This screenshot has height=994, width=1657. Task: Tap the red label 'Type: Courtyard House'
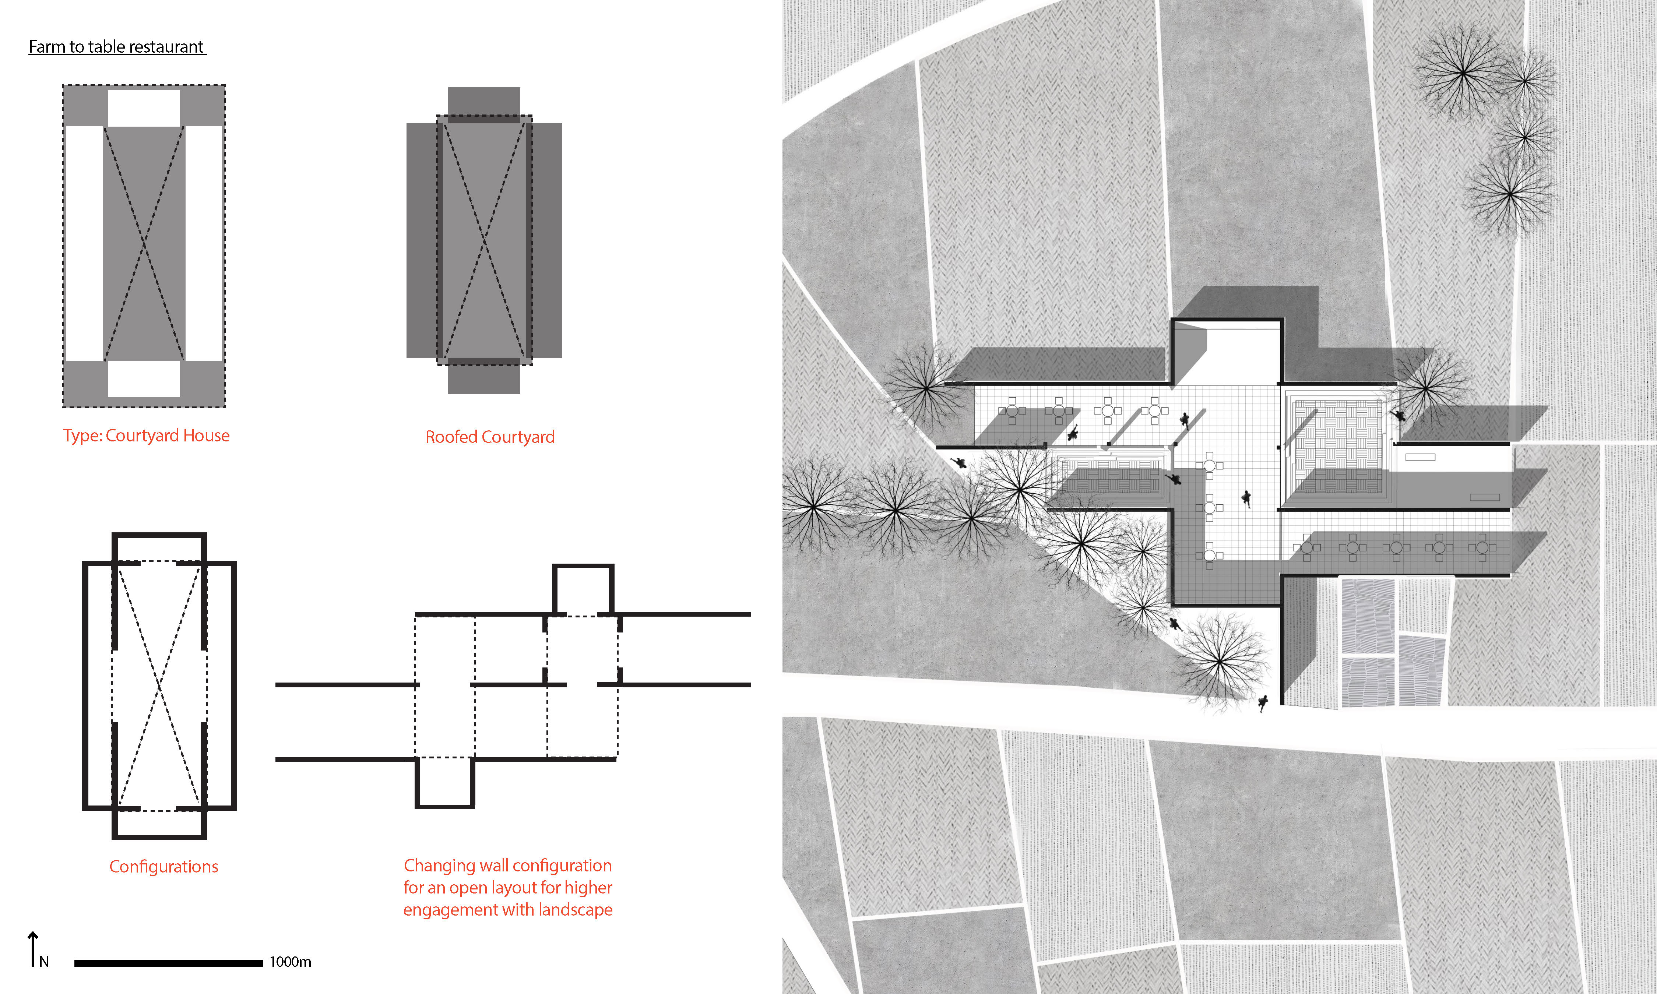click(x=146, y=436)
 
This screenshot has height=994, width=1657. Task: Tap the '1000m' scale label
click(x=290, y=962)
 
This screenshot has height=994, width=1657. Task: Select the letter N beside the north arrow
click(x=44, y=962)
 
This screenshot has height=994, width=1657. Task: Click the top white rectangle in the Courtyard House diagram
click(x=144, y=108)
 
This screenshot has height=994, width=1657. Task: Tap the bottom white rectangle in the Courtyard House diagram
click(x=144, y=379)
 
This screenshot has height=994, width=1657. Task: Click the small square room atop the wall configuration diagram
click(x=583, y=589)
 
